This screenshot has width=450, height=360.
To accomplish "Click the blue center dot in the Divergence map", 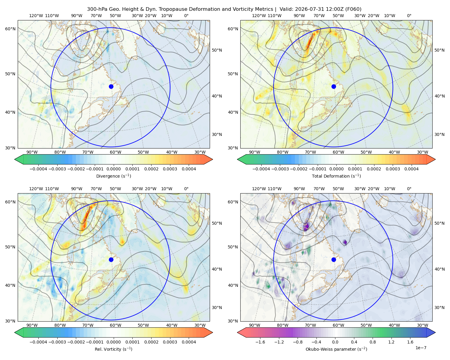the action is tap(111, 86).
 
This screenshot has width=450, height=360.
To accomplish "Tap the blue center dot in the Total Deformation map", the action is tap(334, 86).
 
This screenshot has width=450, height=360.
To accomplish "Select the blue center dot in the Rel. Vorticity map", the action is tap(111, 259).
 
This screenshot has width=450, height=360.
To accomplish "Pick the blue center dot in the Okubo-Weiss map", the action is tap(334, 259).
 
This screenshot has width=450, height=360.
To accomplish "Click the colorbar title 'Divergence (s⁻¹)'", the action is tap(113, 176).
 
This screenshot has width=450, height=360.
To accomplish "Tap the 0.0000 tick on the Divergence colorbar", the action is tap(113, 169).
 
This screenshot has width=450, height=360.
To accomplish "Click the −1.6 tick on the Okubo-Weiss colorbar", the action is tap(260, 342).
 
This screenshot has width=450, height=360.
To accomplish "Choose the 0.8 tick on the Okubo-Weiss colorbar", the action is tap(373, 342).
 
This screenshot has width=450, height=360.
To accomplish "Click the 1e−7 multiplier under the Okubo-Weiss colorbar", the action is tap(421, 348).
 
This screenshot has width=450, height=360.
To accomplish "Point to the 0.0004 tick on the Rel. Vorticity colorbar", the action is tap(189, 342).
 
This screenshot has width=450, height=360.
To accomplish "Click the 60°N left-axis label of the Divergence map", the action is tap(10, 29).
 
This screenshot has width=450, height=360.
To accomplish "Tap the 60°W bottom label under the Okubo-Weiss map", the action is tap(338, 325).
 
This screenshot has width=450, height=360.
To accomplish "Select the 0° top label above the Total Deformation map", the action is tap(409, 16).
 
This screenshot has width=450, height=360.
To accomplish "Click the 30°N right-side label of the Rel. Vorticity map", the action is tap(217, 307).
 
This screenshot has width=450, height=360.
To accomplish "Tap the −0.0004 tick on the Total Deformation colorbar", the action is tap(261, 169).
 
